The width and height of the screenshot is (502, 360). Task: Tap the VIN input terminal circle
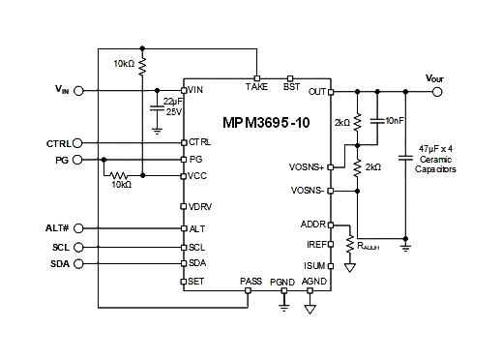point(79,91)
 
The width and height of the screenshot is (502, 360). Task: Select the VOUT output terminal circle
point(438,92)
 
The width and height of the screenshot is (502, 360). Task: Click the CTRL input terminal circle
point(79,143)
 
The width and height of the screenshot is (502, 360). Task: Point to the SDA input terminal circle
point(79,263)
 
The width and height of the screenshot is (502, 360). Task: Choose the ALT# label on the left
point(57,228)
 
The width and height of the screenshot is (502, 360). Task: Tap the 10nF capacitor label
point(395,120)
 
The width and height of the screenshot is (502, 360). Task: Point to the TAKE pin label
point(256,87)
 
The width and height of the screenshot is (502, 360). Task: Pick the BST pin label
point(291,87)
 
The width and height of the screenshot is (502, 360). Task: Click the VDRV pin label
point(200,205)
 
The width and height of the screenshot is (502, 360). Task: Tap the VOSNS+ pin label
point(308,166)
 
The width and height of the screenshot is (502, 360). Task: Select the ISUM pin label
point(313,263)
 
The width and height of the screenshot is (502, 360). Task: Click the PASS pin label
point(251,281)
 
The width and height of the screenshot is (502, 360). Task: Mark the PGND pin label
point(282,281)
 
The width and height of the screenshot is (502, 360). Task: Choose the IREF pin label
point(313,245)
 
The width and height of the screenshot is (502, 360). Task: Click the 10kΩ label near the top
point(124,64)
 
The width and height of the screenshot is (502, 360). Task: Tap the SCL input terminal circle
point(79,247)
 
